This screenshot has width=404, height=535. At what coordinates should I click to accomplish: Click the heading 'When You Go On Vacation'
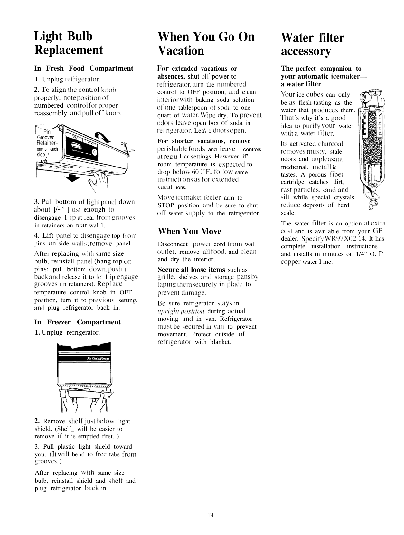[206, 43]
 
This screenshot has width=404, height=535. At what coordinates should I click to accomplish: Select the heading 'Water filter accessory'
[312, 44]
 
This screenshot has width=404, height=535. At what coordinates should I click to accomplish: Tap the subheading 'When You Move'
[190, 231]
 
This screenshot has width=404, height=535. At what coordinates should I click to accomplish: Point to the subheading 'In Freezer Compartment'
[77, 322]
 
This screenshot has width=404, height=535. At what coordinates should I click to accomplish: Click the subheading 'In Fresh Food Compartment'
[84, 68]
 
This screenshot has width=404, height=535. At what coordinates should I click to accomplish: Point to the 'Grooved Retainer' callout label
[46, 140]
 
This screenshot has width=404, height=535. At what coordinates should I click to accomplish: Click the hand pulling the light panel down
[98, 180]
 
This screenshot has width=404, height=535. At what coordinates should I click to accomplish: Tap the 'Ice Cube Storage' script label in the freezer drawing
[98, 359]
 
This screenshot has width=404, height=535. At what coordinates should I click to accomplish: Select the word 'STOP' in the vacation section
[166, 205]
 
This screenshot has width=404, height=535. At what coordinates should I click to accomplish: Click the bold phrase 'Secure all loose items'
[191, 270]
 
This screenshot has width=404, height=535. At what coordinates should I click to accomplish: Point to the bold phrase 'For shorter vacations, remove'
[204, 141]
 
